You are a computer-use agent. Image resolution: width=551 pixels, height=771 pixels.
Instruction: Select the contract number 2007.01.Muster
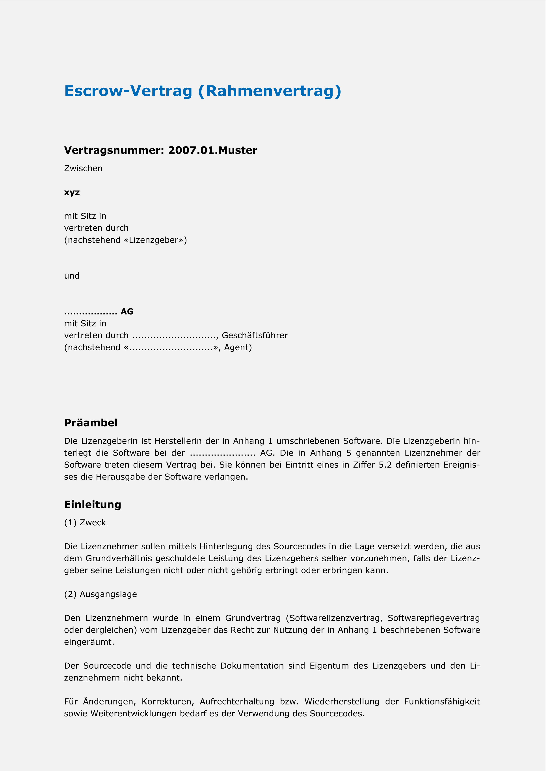[x=212, y=150]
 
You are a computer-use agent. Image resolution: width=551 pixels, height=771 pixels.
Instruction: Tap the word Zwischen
[x=83, y=169]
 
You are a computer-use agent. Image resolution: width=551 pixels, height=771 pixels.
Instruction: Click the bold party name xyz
[x=72, y=192]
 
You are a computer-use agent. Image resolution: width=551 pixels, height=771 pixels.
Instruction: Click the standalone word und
[x=72, y=276]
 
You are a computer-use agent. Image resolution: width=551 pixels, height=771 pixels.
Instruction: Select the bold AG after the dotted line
[x=127, y=311]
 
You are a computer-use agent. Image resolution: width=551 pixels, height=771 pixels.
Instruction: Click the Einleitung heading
[x=93, y=504]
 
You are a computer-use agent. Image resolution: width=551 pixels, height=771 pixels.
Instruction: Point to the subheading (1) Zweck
[x=85, y=523]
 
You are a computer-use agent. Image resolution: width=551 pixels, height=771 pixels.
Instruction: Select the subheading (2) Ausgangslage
[x=101, y=594]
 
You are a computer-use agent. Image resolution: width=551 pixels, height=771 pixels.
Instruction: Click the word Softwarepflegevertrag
[x=434, y=618]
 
